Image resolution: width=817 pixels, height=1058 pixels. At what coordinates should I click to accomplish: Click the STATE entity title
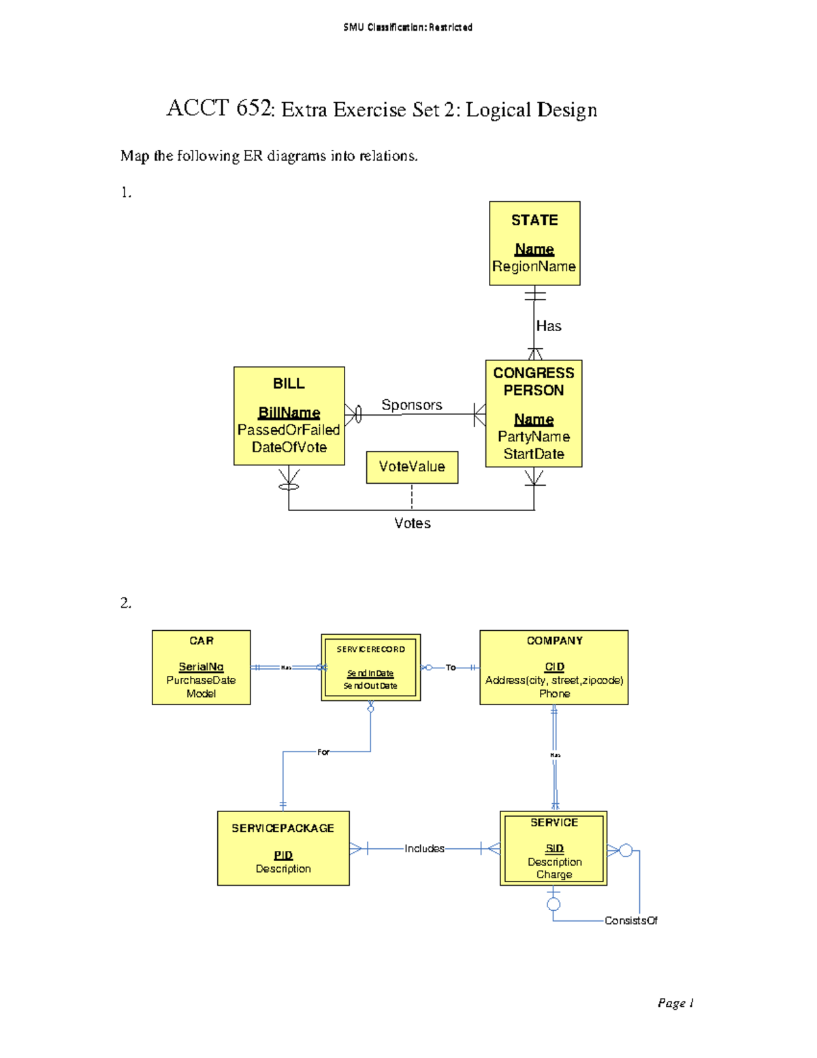534,220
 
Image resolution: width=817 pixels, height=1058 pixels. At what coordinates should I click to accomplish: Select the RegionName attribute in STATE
534,266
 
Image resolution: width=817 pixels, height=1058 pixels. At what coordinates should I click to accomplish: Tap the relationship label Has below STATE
549,326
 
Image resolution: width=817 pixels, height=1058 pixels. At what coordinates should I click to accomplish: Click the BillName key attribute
289,413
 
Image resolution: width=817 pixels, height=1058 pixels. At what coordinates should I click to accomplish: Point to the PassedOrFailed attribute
289,430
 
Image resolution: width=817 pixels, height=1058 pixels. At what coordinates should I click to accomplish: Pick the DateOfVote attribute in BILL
289,448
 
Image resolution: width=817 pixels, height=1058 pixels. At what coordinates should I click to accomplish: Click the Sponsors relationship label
411,405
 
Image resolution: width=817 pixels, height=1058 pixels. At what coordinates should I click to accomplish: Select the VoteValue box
412,467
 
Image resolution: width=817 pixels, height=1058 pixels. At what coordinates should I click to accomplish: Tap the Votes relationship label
412,523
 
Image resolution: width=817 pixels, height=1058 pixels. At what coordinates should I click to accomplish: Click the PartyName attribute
534,437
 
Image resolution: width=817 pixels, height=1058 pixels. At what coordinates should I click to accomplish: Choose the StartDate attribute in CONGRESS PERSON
534,454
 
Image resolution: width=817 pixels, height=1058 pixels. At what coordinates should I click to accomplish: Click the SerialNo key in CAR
201,667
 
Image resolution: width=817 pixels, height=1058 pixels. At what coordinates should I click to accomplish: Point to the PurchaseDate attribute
201,680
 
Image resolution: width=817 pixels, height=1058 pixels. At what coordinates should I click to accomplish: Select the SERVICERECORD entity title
370,649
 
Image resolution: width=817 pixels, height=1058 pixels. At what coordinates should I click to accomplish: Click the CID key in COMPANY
554,667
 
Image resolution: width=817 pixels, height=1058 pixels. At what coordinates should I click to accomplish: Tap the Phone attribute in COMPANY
554,694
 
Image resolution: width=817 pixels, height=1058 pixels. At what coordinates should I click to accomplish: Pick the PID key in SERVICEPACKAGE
283,855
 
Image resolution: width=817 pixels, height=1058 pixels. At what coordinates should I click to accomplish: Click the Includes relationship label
424,849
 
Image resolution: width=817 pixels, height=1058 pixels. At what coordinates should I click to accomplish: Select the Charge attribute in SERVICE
554,875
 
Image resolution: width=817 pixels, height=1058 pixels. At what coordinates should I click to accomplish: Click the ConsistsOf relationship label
630,921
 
